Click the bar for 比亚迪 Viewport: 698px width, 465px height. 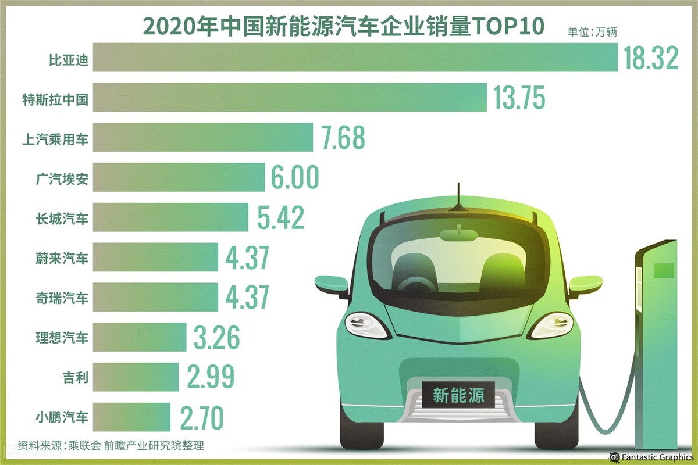point(355,58)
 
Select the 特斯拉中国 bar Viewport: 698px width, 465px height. point(290,97)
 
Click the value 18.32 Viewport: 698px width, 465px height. point(651,59)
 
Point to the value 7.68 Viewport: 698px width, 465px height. point(343,137)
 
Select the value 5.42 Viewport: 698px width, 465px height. point(280,217)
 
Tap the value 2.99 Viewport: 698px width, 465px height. point(211,377)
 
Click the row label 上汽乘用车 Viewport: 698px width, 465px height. point(62,138)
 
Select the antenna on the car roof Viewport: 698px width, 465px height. point(458,198)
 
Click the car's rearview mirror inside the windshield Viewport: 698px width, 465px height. point(458,234)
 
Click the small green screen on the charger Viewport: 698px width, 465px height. point(664,270)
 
